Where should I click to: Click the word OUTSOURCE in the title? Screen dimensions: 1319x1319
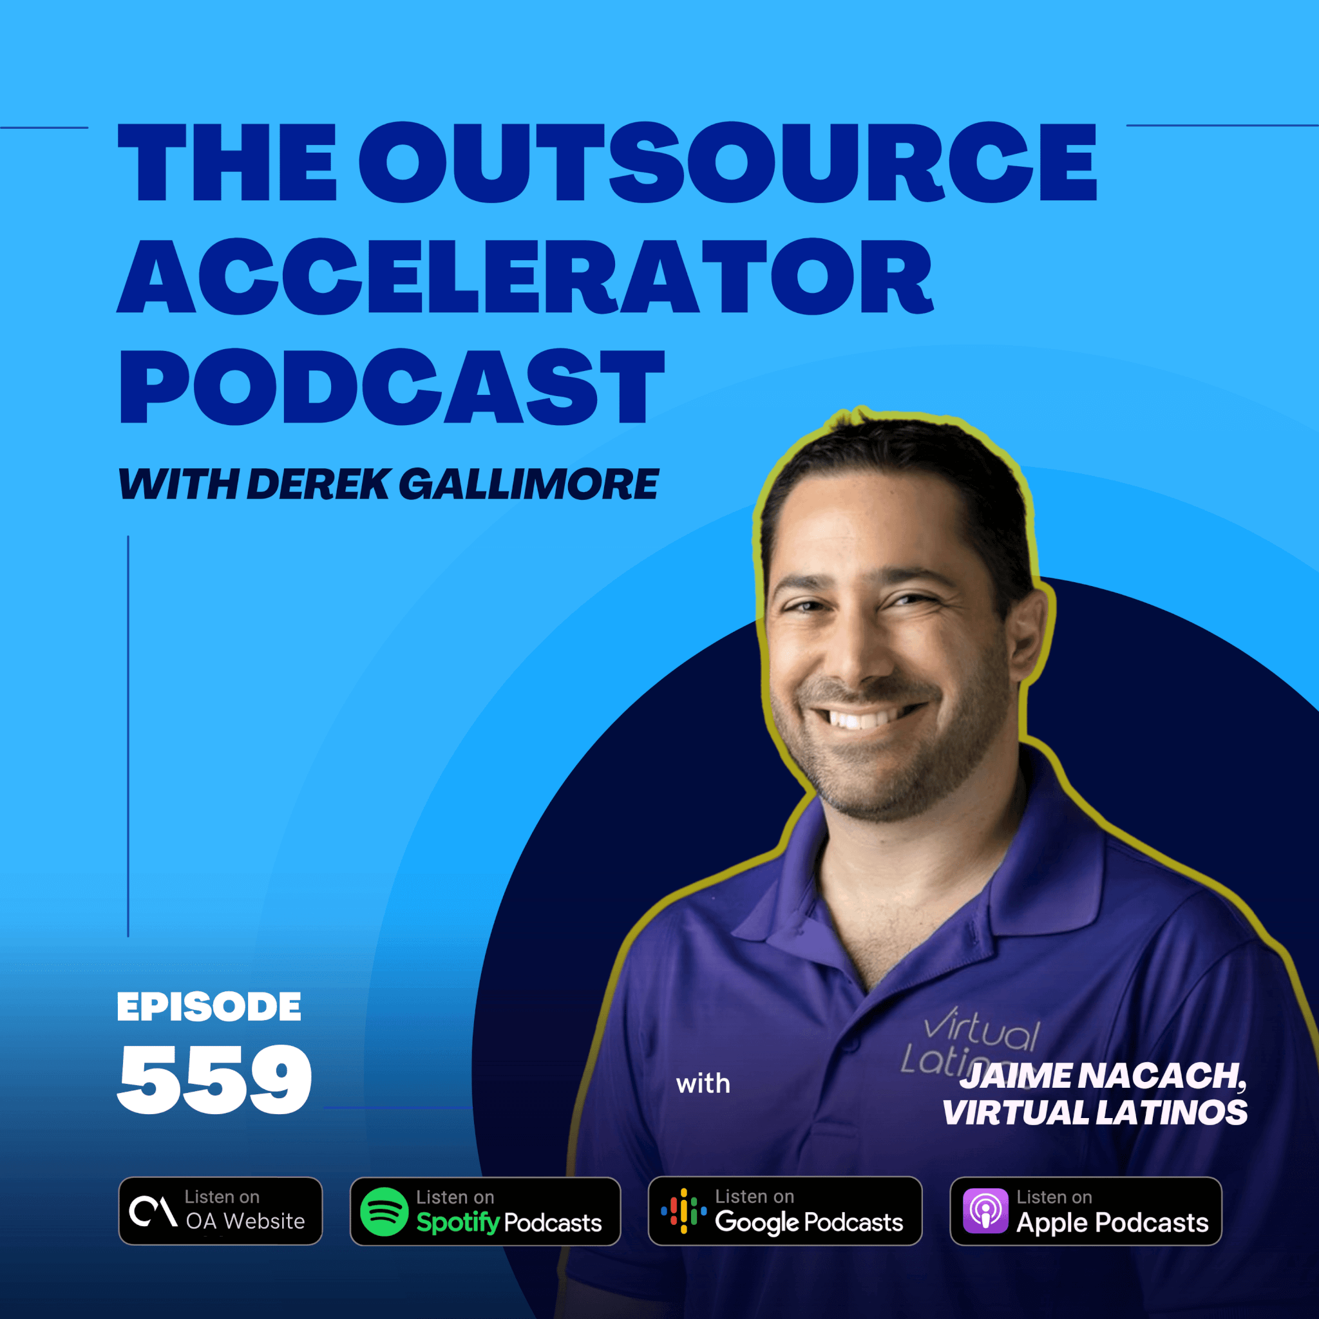coord(728,162)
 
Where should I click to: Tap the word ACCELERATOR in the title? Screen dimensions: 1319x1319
coord(525,275)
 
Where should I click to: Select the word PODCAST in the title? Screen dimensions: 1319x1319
coord(391,387)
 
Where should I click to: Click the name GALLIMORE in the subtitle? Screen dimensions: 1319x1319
coord(528,484)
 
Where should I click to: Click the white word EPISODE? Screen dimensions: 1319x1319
coord(209,1007)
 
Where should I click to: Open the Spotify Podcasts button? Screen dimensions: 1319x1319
coord(486,1211)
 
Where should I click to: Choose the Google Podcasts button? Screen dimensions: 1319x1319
coord(785,1211)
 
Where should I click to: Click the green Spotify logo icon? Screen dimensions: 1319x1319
coord(384,1212)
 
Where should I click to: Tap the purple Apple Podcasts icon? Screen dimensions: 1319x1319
coord(985,1211)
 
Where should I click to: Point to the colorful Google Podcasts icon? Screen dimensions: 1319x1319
coord(683,1211)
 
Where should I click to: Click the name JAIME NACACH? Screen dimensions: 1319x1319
coord(1103,1076)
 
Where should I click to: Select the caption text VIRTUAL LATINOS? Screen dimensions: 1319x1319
coord(1095,1112)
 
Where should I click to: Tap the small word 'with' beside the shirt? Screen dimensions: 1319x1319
coord(703,1083)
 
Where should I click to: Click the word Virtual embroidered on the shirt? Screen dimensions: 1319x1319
coord(981,1028)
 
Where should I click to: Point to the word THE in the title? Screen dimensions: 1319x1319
coord(227,162)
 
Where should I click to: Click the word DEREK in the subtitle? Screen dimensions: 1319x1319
coord(319,484)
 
